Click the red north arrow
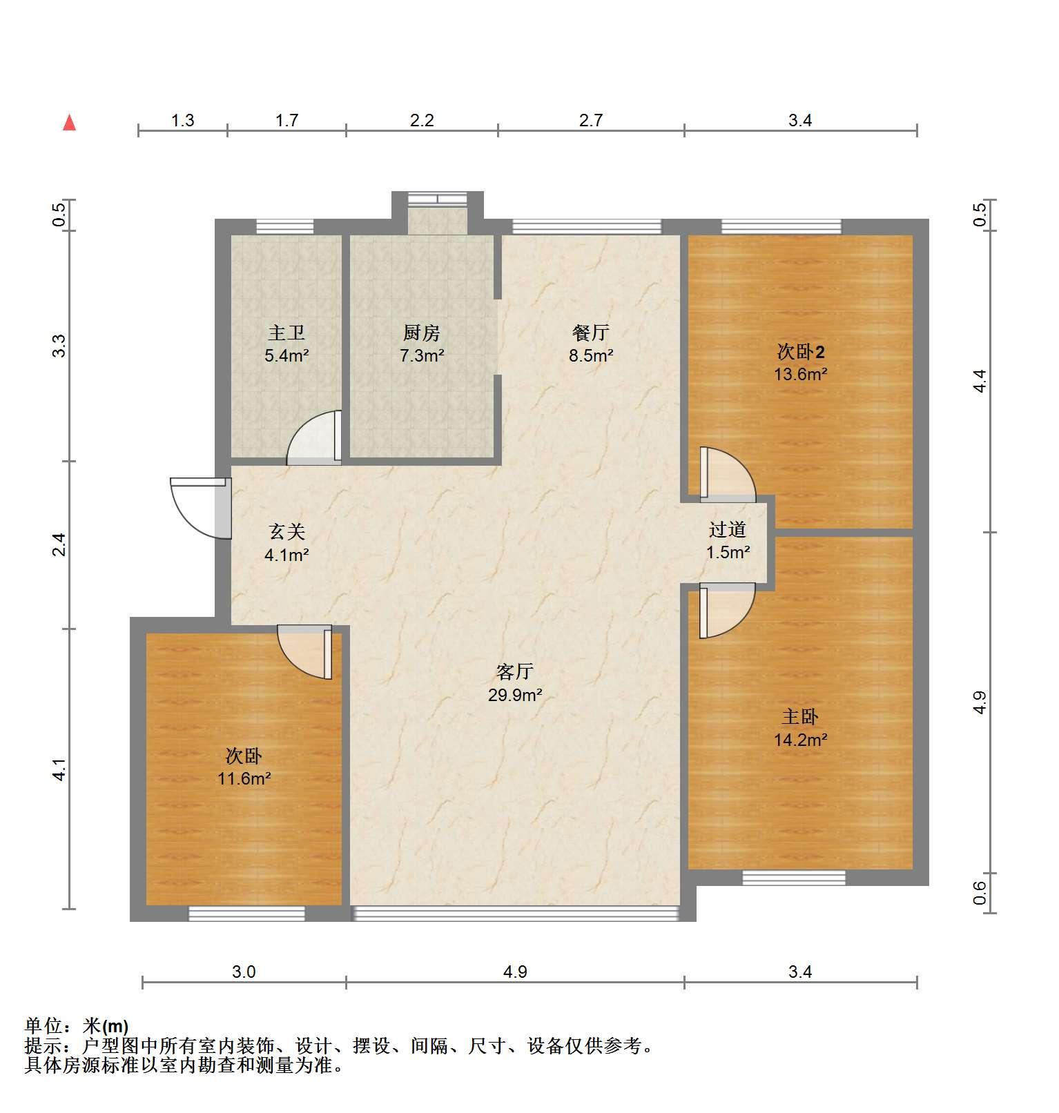[69, 123]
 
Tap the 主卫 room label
[286, 333]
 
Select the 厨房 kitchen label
[421, 333]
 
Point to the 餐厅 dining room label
[591, 333]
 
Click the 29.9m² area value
[515, 695]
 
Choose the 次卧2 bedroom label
[801, 352]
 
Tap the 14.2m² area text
[801, 740]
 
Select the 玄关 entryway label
[286, 531]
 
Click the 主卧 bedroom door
[728, 611]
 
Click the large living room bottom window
[516, 914]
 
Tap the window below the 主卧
[794, 878]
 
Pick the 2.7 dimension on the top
[591, 120]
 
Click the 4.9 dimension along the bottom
[515, 972]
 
